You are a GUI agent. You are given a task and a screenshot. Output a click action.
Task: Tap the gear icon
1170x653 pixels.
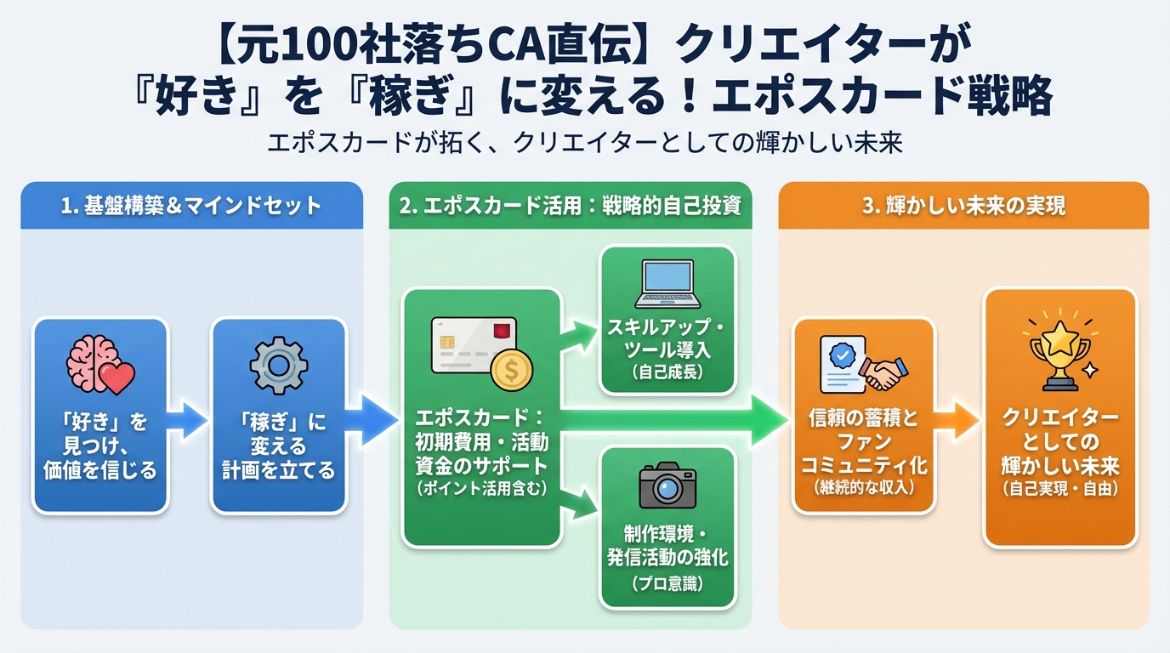point(277,365)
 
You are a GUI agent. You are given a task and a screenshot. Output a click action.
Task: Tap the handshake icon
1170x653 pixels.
point(883,371)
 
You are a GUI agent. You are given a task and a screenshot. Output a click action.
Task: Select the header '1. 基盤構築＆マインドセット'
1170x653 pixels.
point(191,205)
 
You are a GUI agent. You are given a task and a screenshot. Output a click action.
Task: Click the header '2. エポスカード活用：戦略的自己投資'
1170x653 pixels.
point(570,205)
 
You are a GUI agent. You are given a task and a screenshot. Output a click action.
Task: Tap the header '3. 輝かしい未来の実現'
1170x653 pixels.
point(963,205)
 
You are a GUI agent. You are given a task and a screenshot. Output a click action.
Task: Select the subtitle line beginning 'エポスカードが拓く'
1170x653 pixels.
point(584,142)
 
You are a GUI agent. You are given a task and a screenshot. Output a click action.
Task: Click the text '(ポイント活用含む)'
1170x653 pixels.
point(481,488)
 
